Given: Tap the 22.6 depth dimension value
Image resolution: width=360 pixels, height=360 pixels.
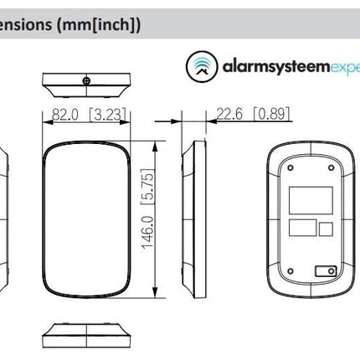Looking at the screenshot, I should point(229,114).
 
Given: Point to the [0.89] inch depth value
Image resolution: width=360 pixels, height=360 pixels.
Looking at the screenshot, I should point(270,114).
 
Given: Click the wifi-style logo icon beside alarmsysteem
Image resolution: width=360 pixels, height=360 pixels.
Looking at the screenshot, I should point(198,64).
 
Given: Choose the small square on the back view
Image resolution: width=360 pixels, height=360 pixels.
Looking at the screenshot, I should point(325,228).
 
